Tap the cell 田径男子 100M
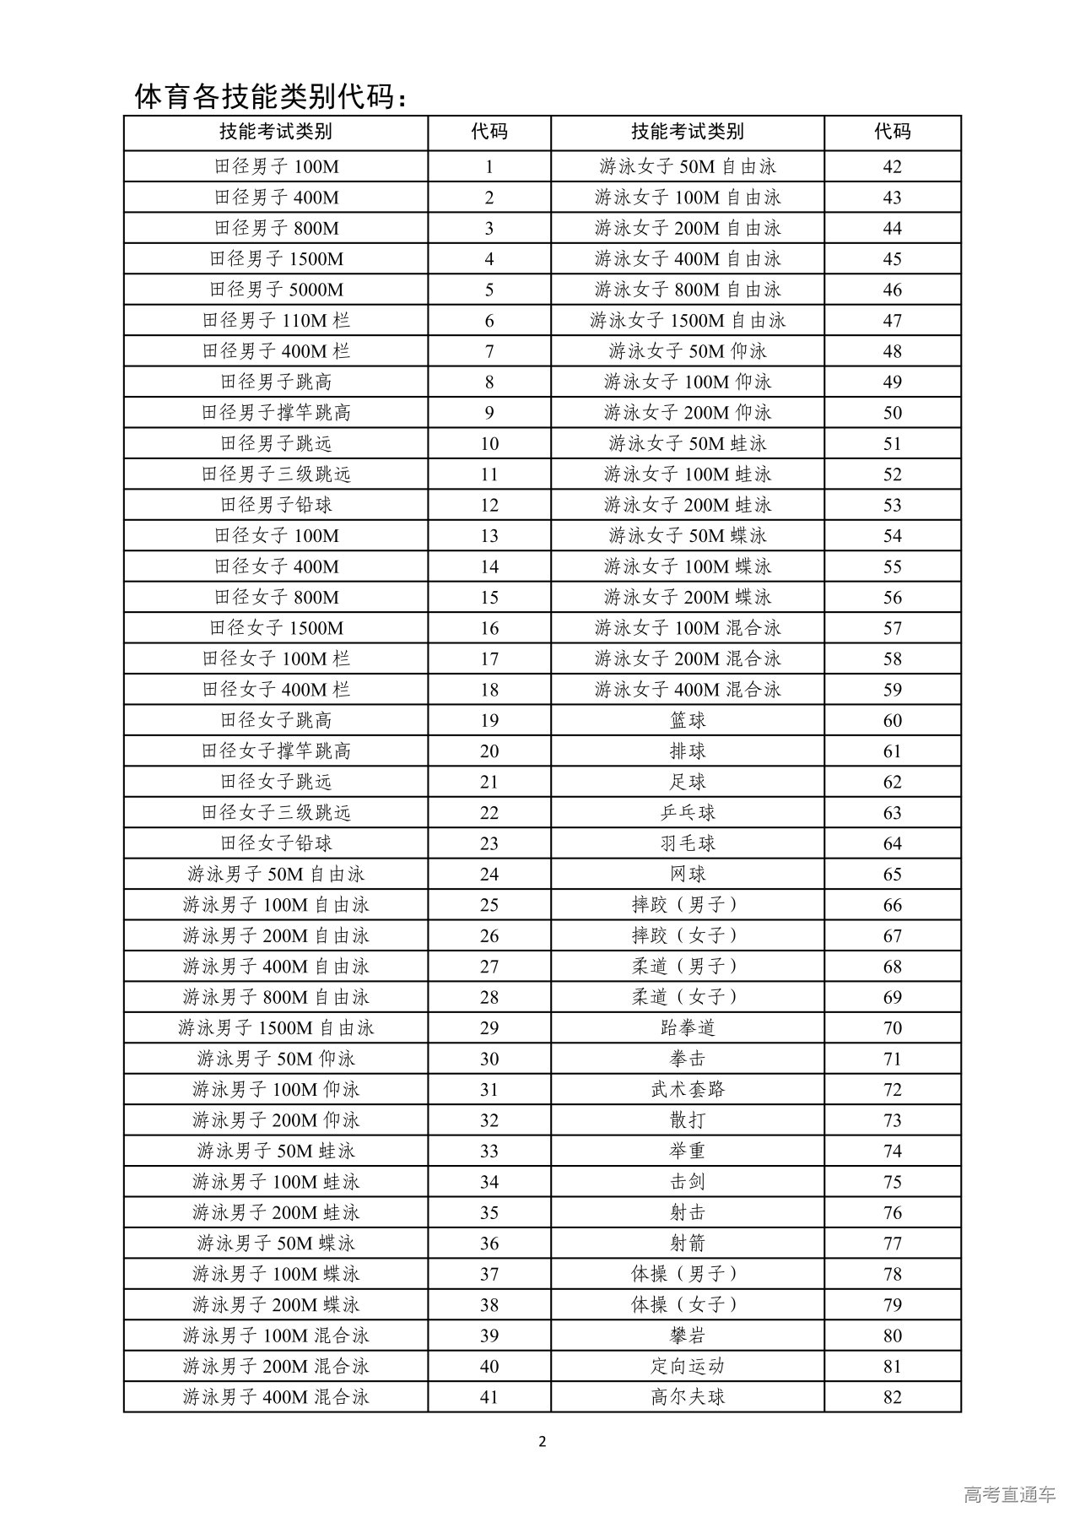tap(277, 167)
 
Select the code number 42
tap(892, 167)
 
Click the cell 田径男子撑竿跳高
tap(277, 413)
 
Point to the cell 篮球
tap(688, 720)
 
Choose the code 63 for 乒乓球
tap(892, 813)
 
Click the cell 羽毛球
tap(688, 843)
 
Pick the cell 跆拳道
tap(688, 1028)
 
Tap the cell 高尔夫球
tap(688, 1397)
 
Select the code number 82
tap(892, 1397)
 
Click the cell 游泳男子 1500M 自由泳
tap(277, 1028)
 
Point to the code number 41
tap(489, 1397)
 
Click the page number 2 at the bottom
tap(542, 1441)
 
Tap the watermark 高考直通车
tap(1009, 1495)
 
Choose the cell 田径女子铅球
tap(277, 843)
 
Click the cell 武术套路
tap(688, 1090)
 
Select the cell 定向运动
tap(688, 1366)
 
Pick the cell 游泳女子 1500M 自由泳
tap(688, 321)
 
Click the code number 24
tap(489, 875)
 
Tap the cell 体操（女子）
tap(688, 1305)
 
